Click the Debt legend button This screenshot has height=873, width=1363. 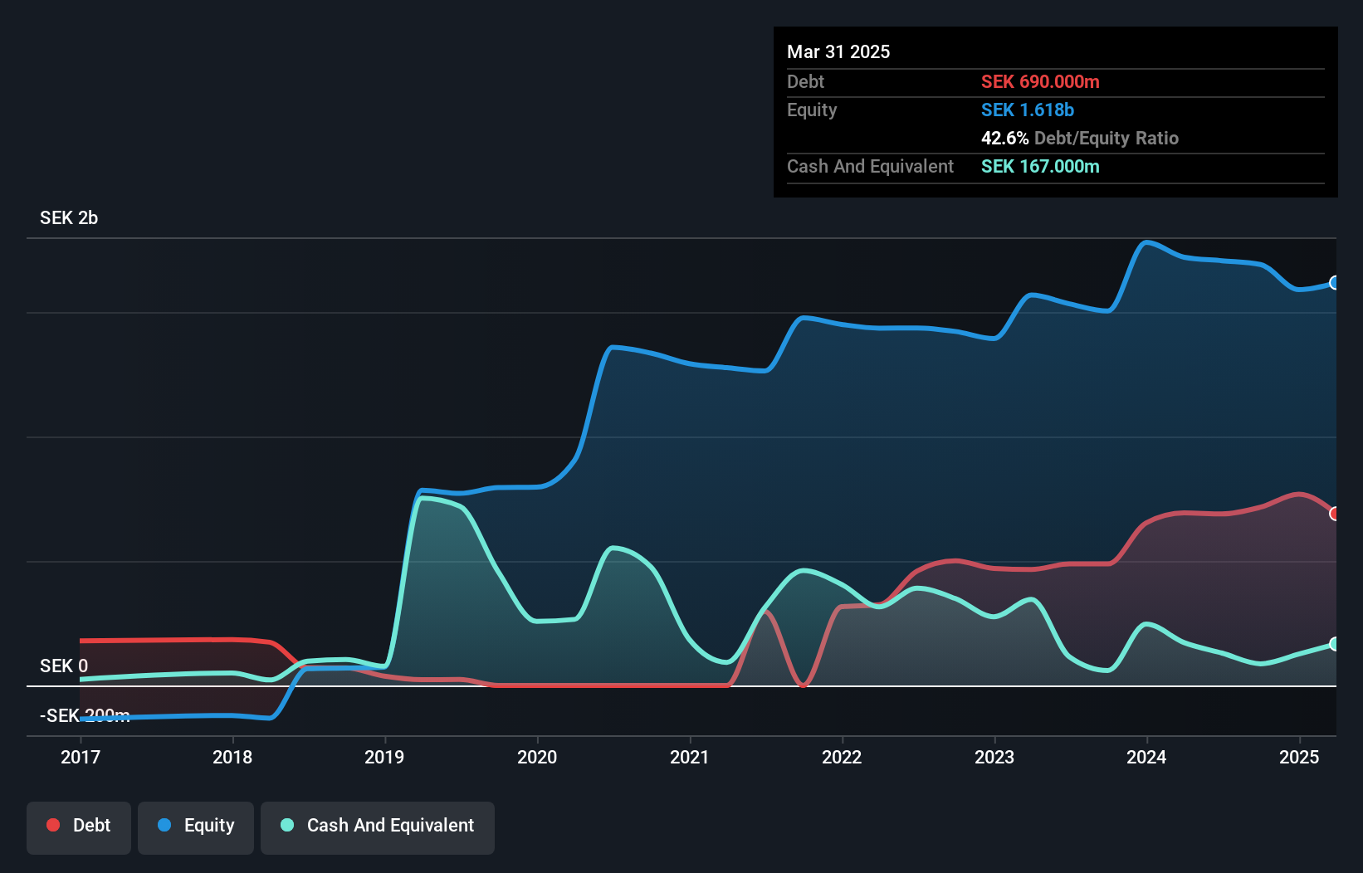click(79, 827)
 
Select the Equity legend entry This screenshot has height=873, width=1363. click(196, 827)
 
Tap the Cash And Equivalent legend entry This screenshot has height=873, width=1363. click(378, 827)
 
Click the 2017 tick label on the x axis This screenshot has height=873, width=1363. click(81, 757)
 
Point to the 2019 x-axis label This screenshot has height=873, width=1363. click(384, 757)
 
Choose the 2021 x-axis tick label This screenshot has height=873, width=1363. click(690, 757)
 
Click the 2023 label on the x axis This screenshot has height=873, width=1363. click(994, 757)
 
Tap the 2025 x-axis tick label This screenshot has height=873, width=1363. click(1299, 757)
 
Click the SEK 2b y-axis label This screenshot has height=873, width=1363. click(69, 218)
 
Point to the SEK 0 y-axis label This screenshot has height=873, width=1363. click(64, 666)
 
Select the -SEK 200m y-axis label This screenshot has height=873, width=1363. click(85, 716)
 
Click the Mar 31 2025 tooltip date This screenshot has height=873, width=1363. click(838, 52)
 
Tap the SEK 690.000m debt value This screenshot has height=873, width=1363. click(1040, 82)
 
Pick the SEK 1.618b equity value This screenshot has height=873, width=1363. click(1028, 110)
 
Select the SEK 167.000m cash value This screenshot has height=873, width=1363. click(1040, 167)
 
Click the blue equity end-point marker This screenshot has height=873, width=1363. click(1334, 283)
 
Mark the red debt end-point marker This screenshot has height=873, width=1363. click(1334, 514)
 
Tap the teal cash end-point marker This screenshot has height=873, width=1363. click(1334, 644)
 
